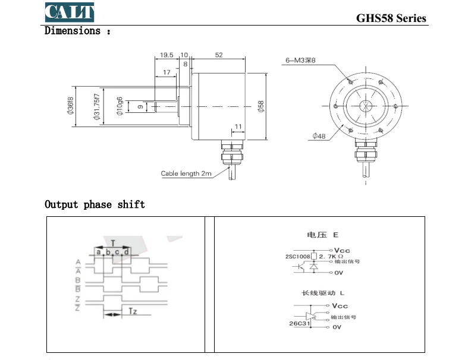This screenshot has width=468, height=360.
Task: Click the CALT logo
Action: click(69, 11)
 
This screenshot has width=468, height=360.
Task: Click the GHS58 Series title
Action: click(391, 18)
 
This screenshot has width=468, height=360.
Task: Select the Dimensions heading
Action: click(77, 31)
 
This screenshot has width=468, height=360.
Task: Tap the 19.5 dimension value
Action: click(167, 55)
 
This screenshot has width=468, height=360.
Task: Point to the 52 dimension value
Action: click(218, 55)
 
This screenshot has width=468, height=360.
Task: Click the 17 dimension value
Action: click(166, 72)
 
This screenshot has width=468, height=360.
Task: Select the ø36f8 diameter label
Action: click(70, 106)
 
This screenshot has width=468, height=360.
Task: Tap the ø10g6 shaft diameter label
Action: click(120, 107)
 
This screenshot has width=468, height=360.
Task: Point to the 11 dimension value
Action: click(238, 127)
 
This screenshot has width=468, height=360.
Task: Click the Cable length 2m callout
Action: click(186, 174)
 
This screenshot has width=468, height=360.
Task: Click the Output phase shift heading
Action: click(95, 204)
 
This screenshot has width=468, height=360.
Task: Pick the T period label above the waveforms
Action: click(113, 244)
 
